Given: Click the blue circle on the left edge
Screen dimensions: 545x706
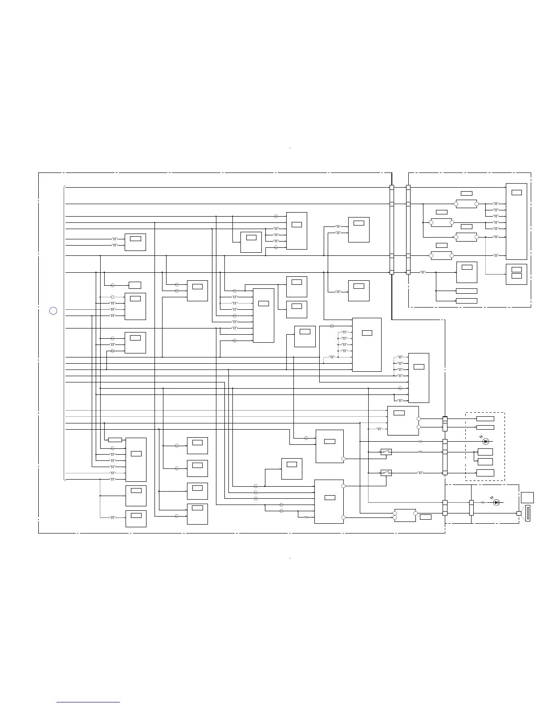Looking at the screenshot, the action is point(53,311).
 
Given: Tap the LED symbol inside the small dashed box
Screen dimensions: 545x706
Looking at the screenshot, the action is point(486,441).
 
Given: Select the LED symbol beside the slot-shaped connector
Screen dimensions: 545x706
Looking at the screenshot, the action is point(496,502).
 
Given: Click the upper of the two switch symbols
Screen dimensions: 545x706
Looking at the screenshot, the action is point(386,452).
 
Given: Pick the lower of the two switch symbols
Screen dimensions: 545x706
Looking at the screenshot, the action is point(386,472).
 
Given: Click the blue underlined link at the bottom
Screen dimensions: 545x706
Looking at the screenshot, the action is point(88,702).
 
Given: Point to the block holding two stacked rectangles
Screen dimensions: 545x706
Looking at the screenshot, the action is point(517,274).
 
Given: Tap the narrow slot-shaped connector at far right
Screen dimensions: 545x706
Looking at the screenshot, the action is point(528,513).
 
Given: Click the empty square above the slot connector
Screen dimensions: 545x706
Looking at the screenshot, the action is point(527,497).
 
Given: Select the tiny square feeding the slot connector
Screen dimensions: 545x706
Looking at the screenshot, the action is point(519,513).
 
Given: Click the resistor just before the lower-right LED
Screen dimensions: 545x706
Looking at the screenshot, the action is point(483,502).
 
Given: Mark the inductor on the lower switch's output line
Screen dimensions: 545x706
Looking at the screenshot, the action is point(420,472).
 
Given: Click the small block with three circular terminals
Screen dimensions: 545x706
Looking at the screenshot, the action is point(405,515).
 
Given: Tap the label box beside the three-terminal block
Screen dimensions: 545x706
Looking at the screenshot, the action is point(426,517).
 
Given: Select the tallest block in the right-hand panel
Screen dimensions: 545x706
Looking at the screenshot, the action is point(517,221).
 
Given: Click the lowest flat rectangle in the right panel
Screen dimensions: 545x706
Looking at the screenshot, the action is point(467,301).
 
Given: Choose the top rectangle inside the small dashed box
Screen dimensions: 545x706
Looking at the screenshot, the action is point(485,419).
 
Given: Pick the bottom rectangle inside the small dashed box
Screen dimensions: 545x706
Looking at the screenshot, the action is point(485,473).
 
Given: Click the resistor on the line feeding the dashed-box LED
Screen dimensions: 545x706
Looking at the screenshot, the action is point(421,441).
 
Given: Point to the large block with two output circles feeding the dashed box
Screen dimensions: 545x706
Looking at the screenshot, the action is point(403,421).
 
